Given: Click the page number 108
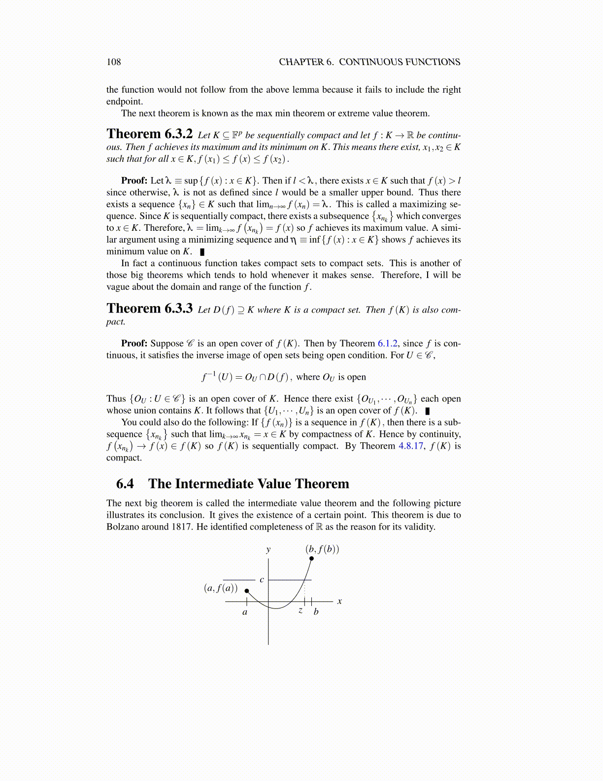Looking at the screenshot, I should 113,62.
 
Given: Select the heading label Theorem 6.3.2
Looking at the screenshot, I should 149,134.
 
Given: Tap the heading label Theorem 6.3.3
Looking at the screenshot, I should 149,309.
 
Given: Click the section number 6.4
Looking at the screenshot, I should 125,484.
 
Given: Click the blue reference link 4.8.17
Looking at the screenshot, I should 410,446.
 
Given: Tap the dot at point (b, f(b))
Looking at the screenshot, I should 311,559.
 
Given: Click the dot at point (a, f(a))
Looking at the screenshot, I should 247,590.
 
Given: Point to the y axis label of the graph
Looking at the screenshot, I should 268,549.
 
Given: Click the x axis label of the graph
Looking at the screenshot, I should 339,602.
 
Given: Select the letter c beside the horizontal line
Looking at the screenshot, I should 262,580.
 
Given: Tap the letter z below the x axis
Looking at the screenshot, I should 301,611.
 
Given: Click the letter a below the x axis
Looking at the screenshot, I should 245,612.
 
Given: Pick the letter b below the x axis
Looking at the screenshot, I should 316,612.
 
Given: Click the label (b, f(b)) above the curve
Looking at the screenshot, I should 322,549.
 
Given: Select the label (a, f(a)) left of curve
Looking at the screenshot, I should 221,588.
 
